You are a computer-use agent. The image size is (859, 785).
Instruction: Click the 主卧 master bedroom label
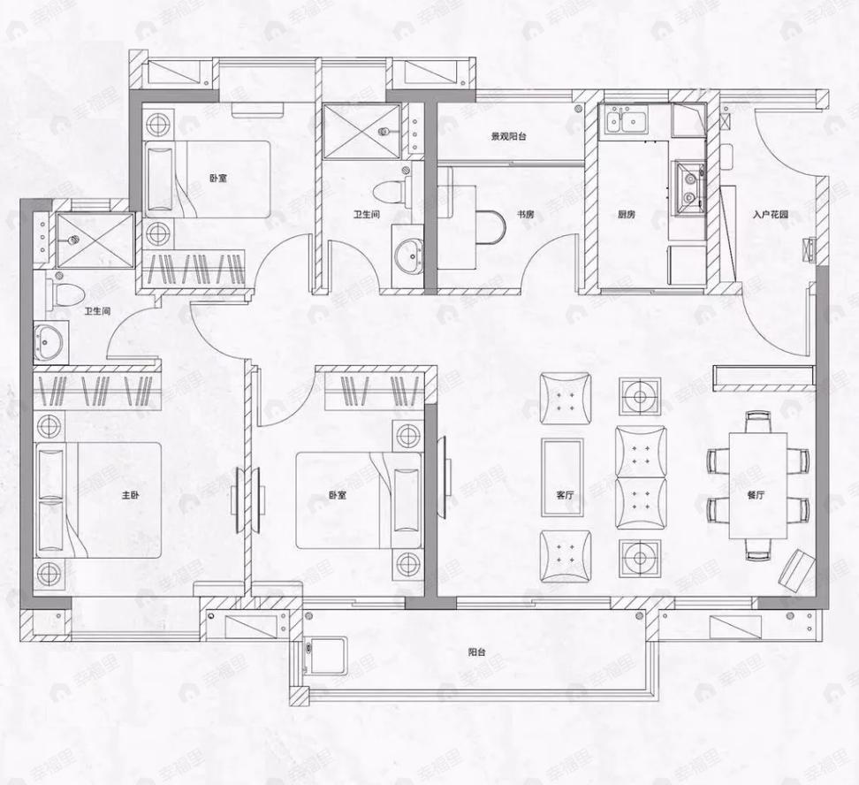(130, 496)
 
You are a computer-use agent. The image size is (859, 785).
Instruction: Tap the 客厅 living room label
(566, 496)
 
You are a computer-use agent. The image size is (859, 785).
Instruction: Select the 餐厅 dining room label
(755, 496)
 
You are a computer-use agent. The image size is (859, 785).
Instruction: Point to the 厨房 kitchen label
(627, 214)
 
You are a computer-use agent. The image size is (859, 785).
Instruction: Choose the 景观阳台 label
(510, 137)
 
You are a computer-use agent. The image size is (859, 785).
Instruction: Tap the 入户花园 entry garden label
(771, 214)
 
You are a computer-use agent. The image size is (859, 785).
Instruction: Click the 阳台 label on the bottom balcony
(477, 652)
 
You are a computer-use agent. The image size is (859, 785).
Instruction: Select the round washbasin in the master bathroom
(49, 340)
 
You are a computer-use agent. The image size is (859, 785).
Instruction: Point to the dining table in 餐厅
(757, 484)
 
